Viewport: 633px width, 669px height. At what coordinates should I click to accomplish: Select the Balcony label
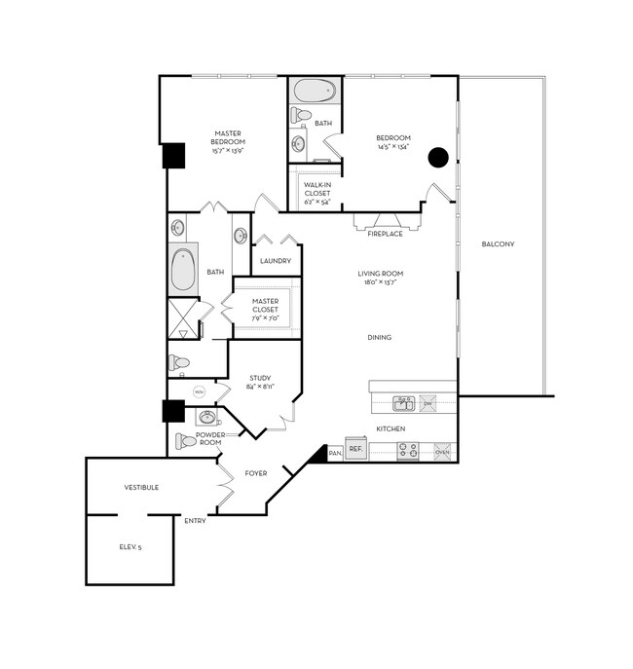point(498,243)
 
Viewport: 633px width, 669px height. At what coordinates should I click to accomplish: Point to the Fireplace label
point(385,234)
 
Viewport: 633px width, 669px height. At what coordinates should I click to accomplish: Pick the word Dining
point(380,338)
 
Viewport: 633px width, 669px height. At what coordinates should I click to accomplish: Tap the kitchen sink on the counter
point(404,401)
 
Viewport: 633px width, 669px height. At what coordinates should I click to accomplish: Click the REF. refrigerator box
point(355,450)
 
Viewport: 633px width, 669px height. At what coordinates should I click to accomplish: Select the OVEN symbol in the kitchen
point(442,451)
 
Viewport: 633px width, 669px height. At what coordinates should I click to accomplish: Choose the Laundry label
point(276,261)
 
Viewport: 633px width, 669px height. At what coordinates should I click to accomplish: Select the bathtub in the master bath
point(183,272)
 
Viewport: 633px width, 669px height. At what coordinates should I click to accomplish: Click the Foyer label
point(256,473)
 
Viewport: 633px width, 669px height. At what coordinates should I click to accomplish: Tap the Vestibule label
point(141,487)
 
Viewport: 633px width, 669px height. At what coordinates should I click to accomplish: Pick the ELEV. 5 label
point(130,548)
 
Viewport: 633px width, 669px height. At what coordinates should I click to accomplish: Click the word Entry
point(195,521)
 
